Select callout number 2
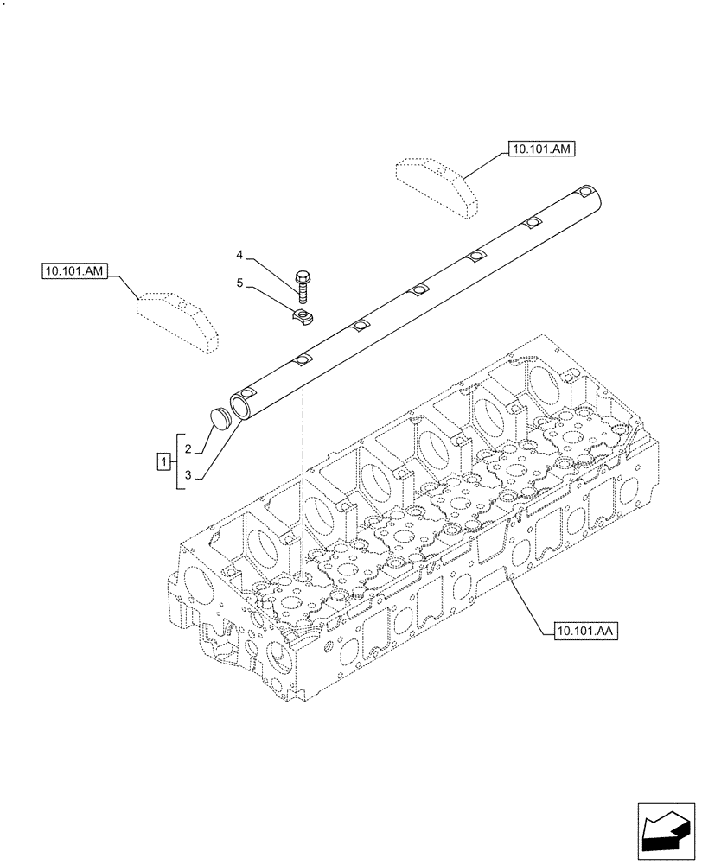tap(188, 448)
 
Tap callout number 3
tap(188, 474)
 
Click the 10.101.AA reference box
tap(580, 632)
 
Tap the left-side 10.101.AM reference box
tap(73, 271)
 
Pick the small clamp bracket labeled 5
tap(302, 317)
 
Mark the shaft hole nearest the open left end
tap(302, 361)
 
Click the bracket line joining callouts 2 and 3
tap(177, 461)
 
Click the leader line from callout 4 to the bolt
tap(272, 265)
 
